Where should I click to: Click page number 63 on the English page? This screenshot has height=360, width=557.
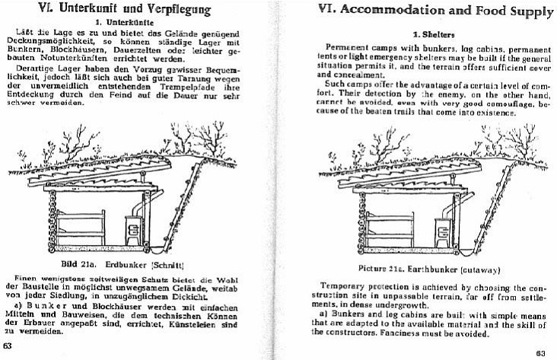pos(541,352)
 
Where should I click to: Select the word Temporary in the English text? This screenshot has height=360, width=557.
pos(345,287)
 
